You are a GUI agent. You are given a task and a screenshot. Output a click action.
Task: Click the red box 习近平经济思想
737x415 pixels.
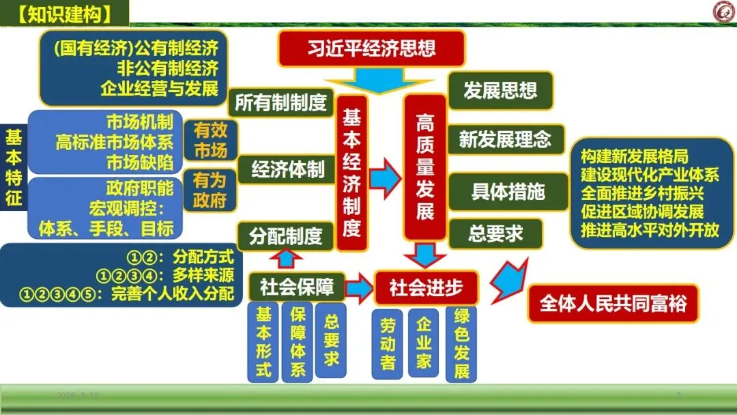click(x=371, y=49)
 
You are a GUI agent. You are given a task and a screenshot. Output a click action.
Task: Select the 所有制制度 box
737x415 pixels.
click(x=280, y=102)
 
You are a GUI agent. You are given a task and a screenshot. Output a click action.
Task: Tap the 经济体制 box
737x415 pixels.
click(x=287, y=169)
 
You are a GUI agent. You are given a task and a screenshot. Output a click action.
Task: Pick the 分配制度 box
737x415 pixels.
click(x=285, y=236)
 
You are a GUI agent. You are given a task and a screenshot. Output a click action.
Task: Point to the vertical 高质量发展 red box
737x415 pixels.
click(x=424, y=167)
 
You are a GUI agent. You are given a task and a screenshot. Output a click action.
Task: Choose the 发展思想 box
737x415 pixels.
click(x=500, y=90)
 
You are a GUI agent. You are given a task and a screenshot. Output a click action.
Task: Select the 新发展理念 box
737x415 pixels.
click(x=504, y=140)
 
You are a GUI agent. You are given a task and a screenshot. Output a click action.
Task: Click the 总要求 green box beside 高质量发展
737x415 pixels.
click(x=495, y=234)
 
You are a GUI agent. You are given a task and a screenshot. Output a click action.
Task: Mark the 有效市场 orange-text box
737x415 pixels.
click(x=210, y=140)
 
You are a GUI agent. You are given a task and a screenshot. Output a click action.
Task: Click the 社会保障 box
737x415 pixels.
click(x=297, y=287)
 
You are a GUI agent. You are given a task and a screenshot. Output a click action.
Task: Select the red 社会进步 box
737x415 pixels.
click(x=426, y=288)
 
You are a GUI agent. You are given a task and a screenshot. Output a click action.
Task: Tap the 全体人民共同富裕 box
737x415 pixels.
click(x=613, y=303)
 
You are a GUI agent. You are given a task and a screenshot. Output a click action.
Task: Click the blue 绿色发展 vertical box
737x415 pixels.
click(x=461, y=344)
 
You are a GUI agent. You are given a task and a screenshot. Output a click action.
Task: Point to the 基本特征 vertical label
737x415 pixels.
click(x=13, y=168)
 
